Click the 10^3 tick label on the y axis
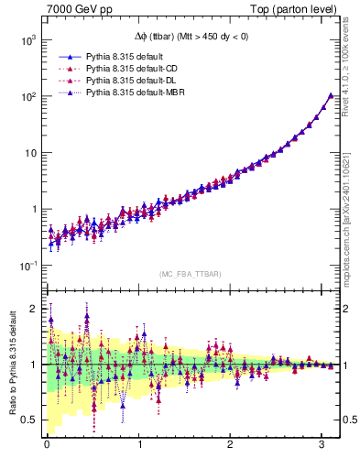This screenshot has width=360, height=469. [x=28, y=40]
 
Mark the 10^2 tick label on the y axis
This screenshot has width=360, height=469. [x=28, y=96]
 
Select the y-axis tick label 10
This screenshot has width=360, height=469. [x=30, y=153]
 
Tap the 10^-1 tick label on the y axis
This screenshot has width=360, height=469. [x=28, y=266]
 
